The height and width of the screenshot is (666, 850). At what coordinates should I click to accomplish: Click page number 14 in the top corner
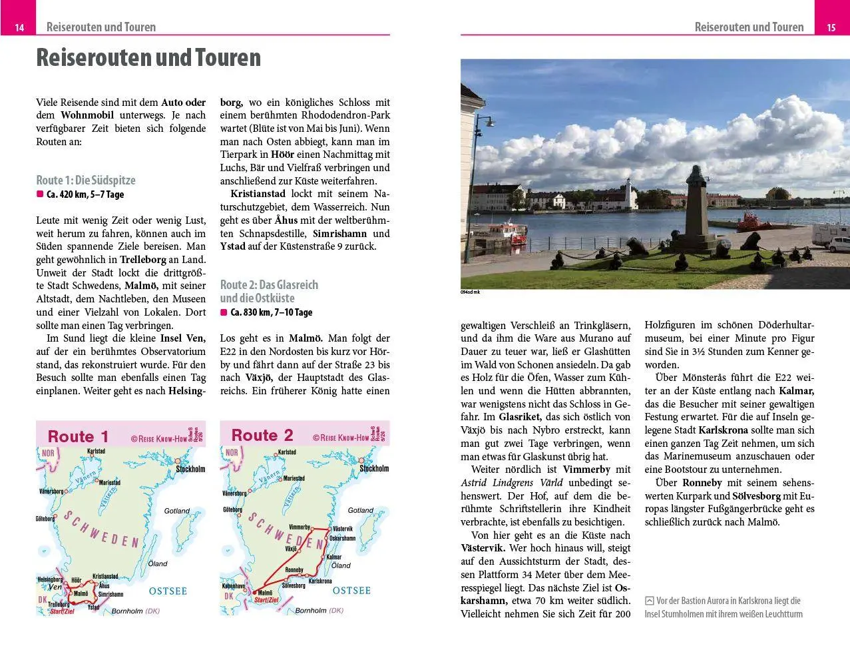pos(19,27)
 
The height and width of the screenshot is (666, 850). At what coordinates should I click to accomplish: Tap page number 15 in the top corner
pos(831,27)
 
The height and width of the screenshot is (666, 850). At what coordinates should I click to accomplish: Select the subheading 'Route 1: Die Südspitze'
pos(86,180)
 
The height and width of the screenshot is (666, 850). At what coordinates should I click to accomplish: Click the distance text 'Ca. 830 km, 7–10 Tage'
pos(271,312)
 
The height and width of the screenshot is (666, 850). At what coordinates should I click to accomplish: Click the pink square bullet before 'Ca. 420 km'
pos(40,194)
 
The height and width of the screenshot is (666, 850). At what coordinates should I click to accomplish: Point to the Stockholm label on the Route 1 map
pos(190,469)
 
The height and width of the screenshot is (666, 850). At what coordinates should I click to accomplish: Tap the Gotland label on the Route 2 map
pos(361,510)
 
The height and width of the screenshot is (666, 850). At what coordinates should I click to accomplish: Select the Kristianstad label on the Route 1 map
pos(105,576)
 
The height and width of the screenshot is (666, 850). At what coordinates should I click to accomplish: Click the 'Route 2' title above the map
pos(262,436)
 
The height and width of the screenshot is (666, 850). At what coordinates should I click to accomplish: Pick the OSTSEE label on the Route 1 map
pos(168,591)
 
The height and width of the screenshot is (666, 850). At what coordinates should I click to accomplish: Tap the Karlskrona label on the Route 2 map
pos(320,581)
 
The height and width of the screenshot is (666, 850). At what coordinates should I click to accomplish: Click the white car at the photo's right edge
pos(839,244)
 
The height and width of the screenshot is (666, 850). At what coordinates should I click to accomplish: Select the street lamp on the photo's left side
pos(487,122)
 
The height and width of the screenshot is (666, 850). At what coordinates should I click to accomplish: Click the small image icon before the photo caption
pos(649,601)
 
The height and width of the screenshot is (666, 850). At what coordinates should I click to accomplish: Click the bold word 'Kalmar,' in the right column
pos(796,391)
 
